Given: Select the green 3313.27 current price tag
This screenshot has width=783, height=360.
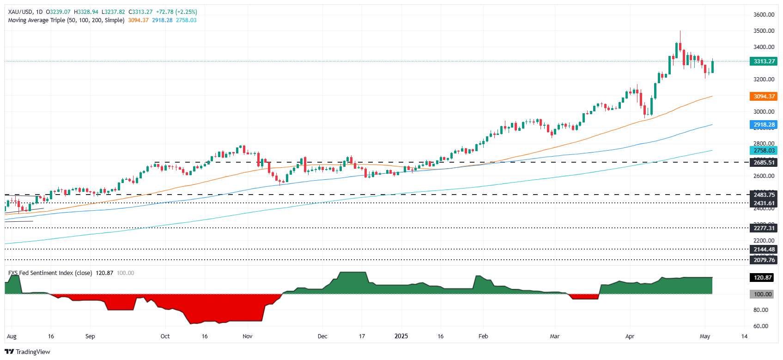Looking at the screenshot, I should click(764, 61).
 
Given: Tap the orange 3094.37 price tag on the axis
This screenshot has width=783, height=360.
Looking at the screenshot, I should click(764, 97).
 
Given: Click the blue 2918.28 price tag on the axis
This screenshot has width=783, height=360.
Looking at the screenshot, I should click(764, 125).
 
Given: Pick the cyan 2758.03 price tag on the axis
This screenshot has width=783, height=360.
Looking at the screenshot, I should click(764, 151).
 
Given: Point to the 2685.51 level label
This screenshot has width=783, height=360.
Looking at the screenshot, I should click(764, 163).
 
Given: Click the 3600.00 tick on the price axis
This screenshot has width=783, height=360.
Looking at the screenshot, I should click(764, 15).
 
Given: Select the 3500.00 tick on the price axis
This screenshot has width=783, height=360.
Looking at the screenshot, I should click(764, 31).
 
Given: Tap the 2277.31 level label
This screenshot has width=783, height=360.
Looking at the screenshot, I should click(764, 228).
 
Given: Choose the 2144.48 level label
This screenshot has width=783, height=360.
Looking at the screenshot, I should click(764, 250).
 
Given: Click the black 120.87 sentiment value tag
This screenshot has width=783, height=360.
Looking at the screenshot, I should click(763, 278).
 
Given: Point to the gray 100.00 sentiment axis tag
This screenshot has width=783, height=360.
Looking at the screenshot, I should click(763, 294).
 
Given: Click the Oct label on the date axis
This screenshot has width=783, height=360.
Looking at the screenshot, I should click(165, 336).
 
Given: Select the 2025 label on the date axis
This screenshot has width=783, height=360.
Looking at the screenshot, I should click(401, 336).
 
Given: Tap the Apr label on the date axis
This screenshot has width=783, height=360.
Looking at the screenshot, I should click(630, 336).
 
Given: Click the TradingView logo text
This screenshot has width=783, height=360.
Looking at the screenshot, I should click(32, 352).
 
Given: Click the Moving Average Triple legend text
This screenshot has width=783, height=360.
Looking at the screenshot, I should click(66, 20).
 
